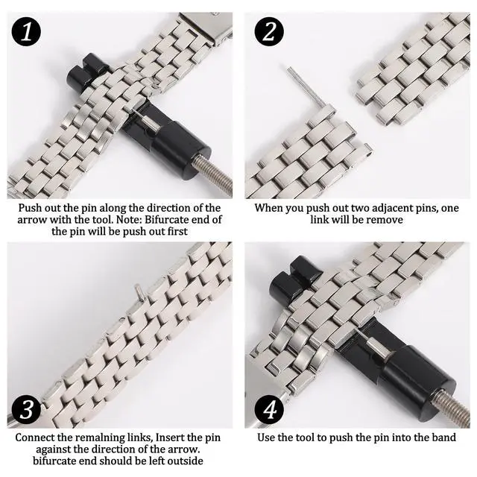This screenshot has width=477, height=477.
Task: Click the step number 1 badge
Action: click(26, 31)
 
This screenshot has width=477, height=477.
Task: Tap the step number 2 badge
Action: click(269, 31)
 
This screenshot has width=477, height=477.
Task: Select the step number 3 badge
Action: click(26, 409)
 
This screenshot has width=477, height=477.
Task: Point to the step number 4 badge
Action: click(269, 409)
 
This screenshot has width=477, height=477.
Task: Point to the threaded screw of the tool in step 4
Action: click(454, 407)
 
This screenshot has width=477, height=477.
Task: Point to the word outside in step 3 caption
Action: click(186, 461)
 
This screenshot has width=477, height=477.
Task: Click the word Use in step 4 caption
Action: click(266, 437)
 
